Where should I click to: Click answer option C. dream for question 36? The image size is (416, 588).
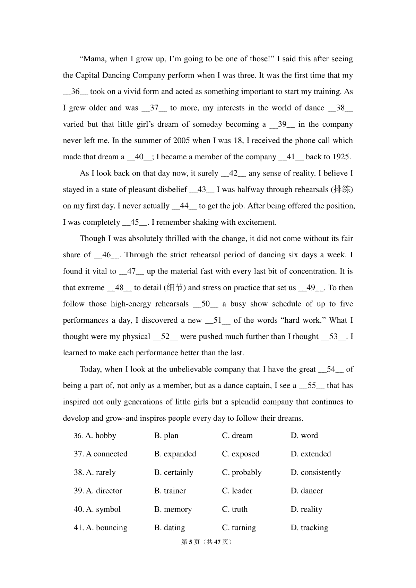click(237, 436)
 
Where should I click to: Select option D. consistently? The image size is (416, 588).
click(315, 472)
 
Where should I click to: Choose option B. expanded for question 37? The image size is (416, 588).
click(175, 454)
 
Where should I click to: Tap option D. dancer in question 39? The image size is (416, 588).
click(306, 491)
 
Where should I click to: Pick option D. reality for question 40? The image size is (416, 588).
click(306, 509)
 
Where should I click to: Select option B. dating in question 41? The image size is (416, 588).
click(170, 528)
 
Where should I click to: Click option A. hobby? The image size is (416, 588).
click(101, 436)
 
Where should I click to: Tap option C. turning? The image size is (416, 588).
click(239, 528)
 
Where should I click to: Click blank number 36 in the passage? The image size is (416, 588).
click(76, 92)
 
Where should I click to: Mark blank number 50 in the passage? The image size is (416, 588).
click(206, 304)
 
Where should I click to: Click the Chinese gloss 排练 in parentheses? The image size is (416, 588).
click(342, 189)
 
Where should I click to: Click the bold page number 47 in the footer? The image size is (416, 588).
click(217, 542)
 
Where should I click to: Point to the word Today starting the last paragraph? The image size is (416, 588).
click(90, 369)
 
